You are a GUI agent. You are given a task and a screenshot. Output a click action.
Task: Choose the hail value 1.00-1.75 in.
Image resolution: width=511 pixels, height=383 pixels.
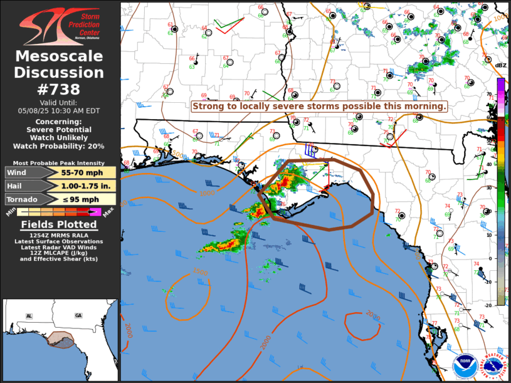77,186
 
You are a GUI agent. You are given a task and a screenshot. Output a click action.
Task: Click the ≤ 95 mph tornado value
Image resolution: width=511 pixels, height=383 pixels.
77,199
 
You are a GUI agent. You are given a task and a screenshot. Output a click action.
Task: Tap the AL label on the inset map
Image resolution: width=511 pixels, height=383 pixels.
29,315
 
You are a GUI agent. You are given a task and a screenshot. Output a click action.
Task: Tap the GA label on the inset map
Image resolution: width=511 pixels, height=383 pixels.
78,315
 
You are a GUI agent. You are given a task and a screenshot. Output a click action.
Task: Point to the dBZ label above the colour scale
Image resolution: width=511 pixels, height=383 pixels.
500,65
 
